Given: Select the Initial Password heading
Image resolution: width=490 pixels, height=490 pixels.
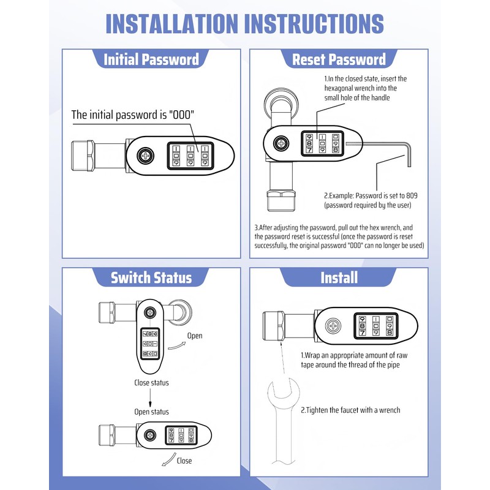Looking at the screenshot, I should pyautogui.click(x=151, y=59).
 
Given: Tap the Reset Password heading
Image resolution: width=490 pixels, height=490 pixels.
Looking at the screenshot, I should pyautogui.click(x=339, y=59).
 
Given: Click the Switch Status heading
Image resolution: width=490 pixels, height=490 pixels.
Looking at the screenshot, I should pyautogui.click(x=151, y=277).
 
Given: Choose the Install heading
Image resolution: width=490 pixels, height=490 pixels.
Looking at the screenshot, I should pyautogui.click(x=339, y=277).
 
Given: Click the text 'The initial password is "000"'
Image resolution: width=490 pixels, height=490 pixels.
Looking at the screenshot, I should pyautogui.click(x=137, y=115).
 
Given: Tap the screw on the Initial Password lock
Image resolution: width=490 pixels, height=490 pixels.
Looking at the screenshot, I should pyautogui.click(x=146, y=156).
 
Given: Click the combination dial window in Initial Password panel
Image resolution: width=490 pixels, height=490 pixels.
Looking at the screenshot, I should pyautogui.click(x=190, y=156).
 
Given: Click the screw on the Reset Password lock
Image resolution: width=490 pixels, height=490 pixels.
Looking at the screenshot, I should pyautogui.click(x=281, y=144).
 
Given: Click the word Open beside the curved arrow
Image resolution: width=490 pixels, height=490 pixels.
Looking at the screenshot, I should pyautogui.click(x=195, y=336).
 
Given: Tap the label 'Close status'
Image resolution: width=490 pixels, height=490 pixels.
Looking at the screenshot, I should pyautogui.click(x=151, y=383).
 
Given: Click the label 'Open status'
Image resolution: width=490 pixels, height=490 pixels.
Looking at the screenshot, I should pyautogui.click(x=151, y=412).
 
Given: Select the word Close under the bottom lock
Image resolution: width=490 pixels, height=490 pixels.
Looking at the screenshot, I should pyautogui.click(x=184, y=461).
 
